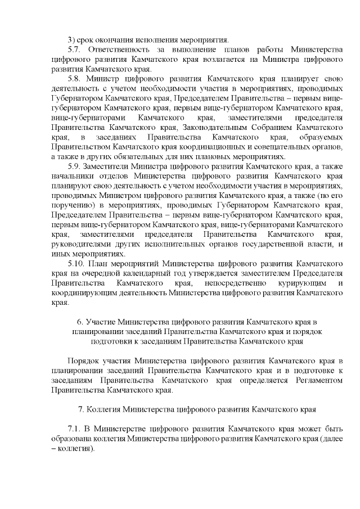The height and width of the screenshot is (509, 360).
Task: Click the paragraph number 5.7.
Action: (74, 49)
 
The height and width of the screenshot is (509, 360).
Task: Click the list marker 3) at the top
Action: (71, 39)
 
